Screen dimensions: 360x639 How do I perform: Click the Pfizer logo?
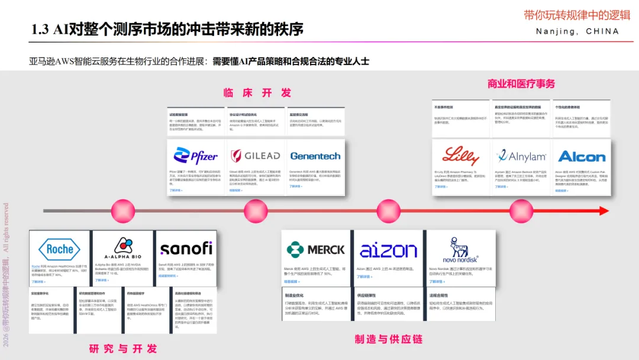click(196, 156)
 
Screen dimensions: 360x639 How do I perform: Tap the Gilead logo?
click(255, 156)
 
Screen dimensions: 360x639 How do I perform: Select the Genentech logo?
click(315, 156)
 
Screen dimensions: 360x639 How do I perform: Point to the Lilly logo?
click(460, 156)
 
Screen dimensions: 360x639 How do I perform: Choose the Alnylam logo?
click(521, 156)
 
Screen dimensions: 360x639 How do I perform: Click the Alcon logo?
click(581, 156)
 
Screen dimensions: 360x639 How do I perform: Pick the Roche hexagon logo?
click(59, 249)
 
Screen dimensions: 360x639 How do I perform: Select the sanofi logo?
click(185, 248)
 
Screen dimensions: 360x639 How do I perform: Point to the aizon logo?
click(388, 249)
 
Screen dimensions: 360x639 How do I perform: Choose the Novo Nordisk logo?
click(460, 249)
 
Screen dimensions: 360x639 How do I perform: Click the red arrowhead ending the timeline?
click(603, 210)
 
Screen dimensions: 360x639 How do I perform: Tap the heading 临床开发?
click(257, 93)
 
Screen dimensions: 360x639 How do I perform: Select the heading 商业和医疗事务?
click(521, 84)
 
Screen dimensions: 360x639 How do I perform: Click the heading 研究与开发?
click(123, 349)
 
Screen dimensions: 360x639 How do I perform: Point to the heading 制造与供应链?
click(389, 339)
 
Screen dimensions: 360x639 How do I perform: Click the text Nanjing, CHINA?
click(577, 31)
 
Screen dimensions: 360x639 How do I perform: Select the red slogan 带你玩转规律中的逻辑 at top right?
click(577, 15)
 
